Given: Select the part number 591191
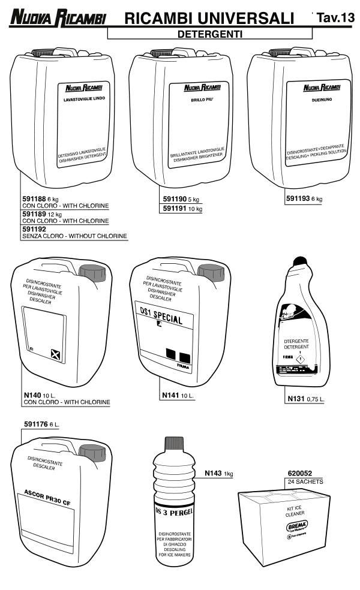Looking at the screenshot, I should point(176,209).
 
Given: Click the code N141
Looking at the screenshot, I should point(171,396).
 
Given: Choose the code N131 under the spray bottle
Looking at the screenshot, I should point(296,398).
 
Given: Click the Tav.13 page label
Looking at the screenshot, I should point(334,19).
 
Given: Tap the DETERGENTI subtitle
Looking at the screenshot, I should point(209,35).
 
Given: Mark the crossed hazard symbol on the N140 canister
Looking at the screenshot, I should point(55,356).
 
